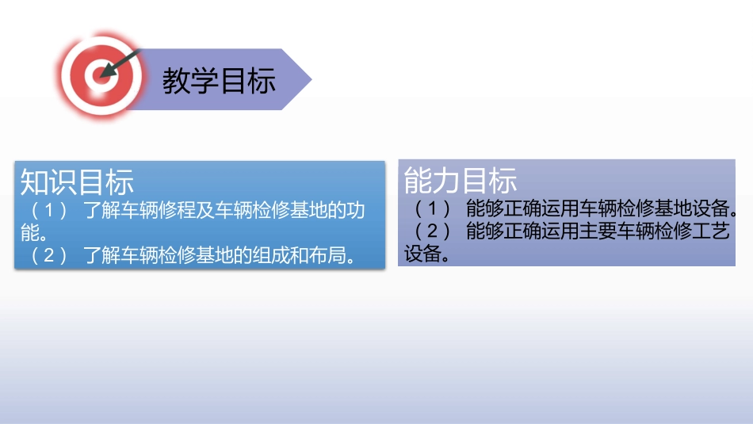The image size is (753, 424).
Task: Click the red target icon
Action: (97, 75)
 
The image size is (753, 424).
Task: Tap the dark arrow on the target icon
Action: (120, 63)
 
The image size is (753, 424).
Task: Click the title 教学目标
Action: (219, 80)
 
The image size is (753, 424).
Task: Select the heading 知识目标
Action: (77, 181)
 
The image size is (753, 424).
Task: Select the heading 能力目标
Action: (461, 181)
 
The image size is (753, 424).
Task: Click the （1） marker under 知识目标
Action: (47, 212)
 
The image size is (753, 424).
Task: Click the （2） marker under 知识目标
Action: (47, 256)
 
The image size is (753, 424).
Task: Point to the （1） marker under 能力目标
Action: (430, 209)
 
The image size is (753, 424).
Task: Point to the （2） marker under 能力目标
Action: (430, 231)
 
